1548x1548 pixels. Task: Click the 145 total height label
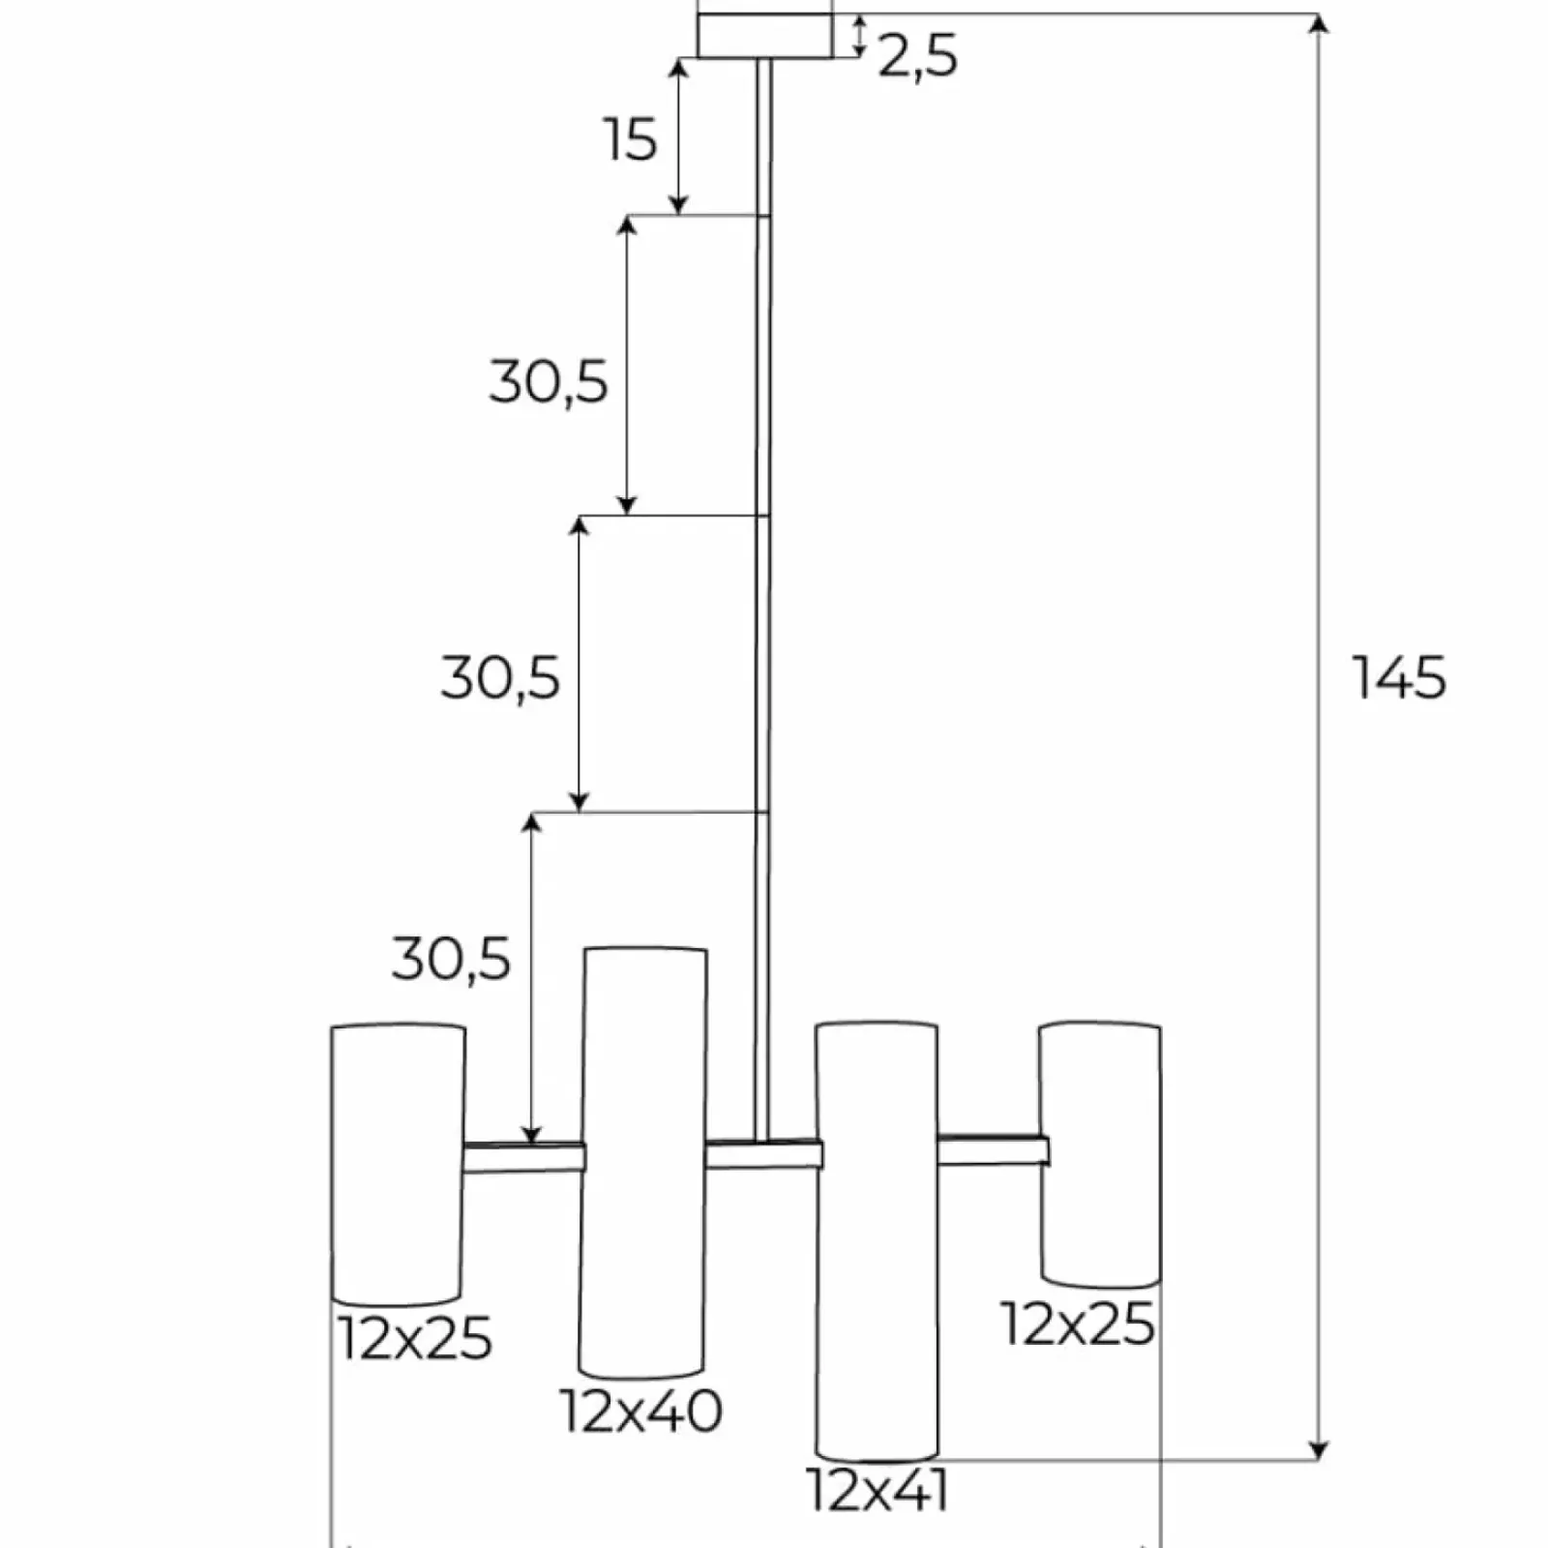(x=1398, y=677)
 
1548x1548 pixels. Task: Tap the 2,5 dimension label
(x=918, y=57)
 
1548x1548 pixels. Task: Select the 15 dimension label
(x=631, y=139)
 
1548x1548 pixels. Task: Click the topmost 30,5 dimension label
(x=549, y=381)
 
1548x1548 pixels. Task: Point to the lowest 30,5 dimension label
(x=451, y=960)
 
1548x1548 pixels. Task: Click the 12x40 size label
(x=641, y=1411)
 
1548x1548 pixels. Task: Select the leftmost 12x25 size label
(x=415, y=1339)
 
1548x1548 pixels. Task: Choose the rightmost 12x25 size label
(x=1078, y=1324)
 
